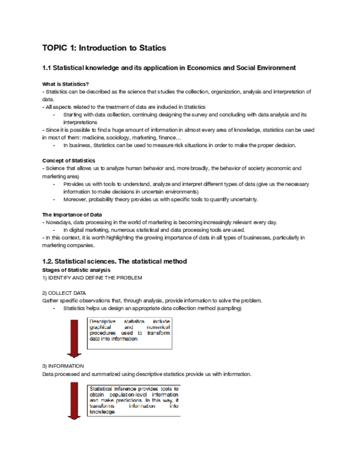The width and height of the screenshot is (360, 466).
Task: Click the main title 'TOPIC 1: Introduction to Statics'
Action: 104,48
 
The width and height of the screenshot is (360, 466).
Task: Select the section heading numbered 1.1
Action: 169,68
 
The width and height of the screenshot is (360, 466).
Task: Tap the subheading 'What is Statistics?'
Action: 65,84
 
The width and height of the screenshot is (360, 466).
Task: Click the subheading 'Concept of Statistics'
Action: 68,160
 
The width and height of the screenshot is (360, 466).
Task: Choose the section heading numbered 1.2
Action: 114,261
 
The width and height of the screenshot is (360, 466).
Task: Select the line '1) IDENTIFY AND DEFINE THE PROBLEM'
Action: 92,278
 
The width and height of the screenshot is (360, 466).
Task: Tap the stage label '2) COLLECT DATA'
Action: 64,293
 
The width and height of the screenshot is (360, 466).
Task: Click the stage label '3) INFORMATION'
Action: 63,365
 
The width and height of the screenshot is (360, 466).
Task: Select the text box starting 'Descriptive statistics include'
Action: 130,334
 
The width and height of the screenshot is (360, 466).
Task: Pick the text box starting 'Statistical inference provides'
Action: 134,400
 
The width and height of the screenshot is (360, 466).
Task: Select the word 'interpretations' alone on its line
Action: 80,122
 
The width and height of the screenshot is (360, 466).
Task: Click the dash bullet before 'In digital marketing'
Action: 54,230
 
